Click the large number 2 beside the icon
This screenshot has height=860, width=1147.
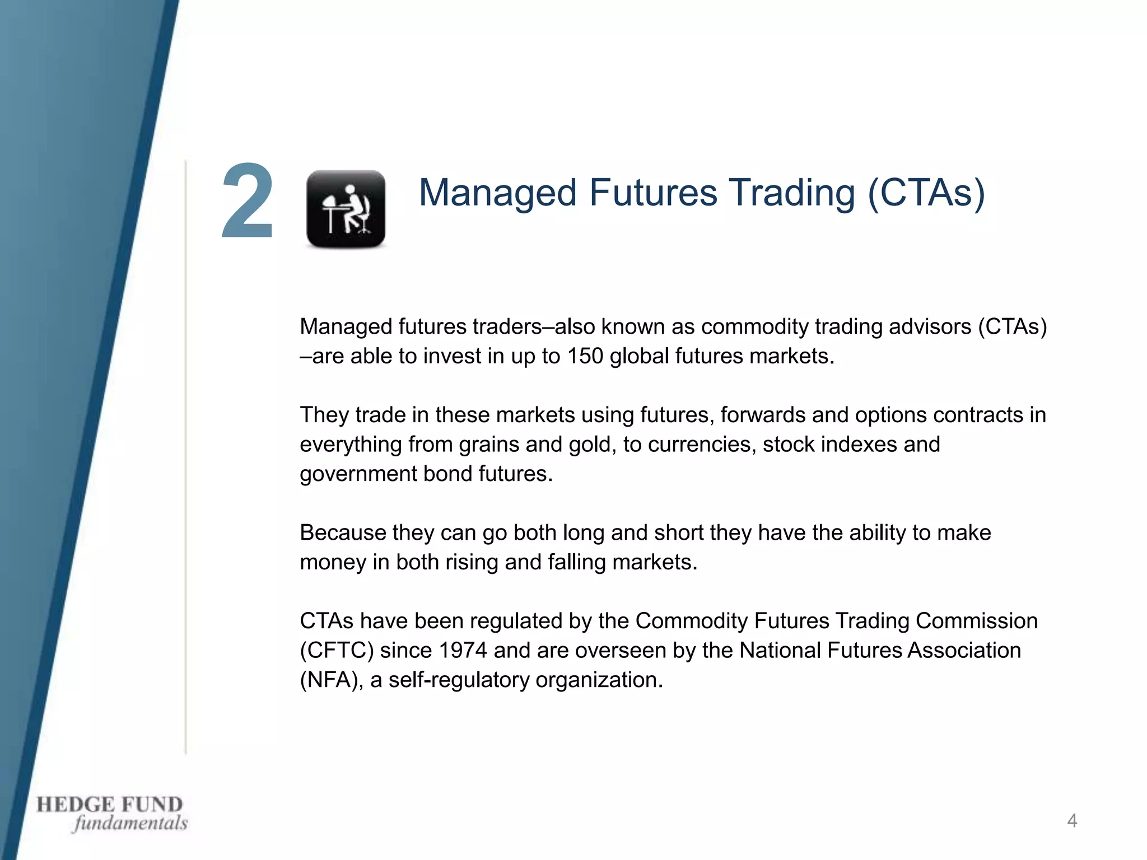pyautogui.click(x=247, y=202)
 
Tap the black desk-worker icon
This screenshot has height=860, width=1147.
pyautogui.click(x=346, y=209)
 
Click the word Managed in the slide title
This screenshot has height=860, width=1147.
pyautogui.click(x=498, y=193)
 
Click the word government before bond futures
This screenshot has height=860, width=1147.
pyautogui.click(x=358, y=474)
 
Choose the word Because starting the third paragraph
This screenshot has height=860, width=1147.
pyautogui.click(x=343, y=532)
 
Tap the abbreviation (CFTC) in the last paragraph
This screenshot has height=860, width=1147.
pyautogui.click(x=337, y=651)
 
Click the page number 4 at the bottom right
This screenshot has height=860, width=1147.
pyautogui.click(x=1072, y=821)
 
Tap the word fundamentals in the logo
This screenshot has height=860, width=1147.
pyautogui.click(x=130, y=823)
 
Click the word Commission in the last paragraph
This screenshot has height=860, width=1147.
pyautogui.click(x=976, y=621)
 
